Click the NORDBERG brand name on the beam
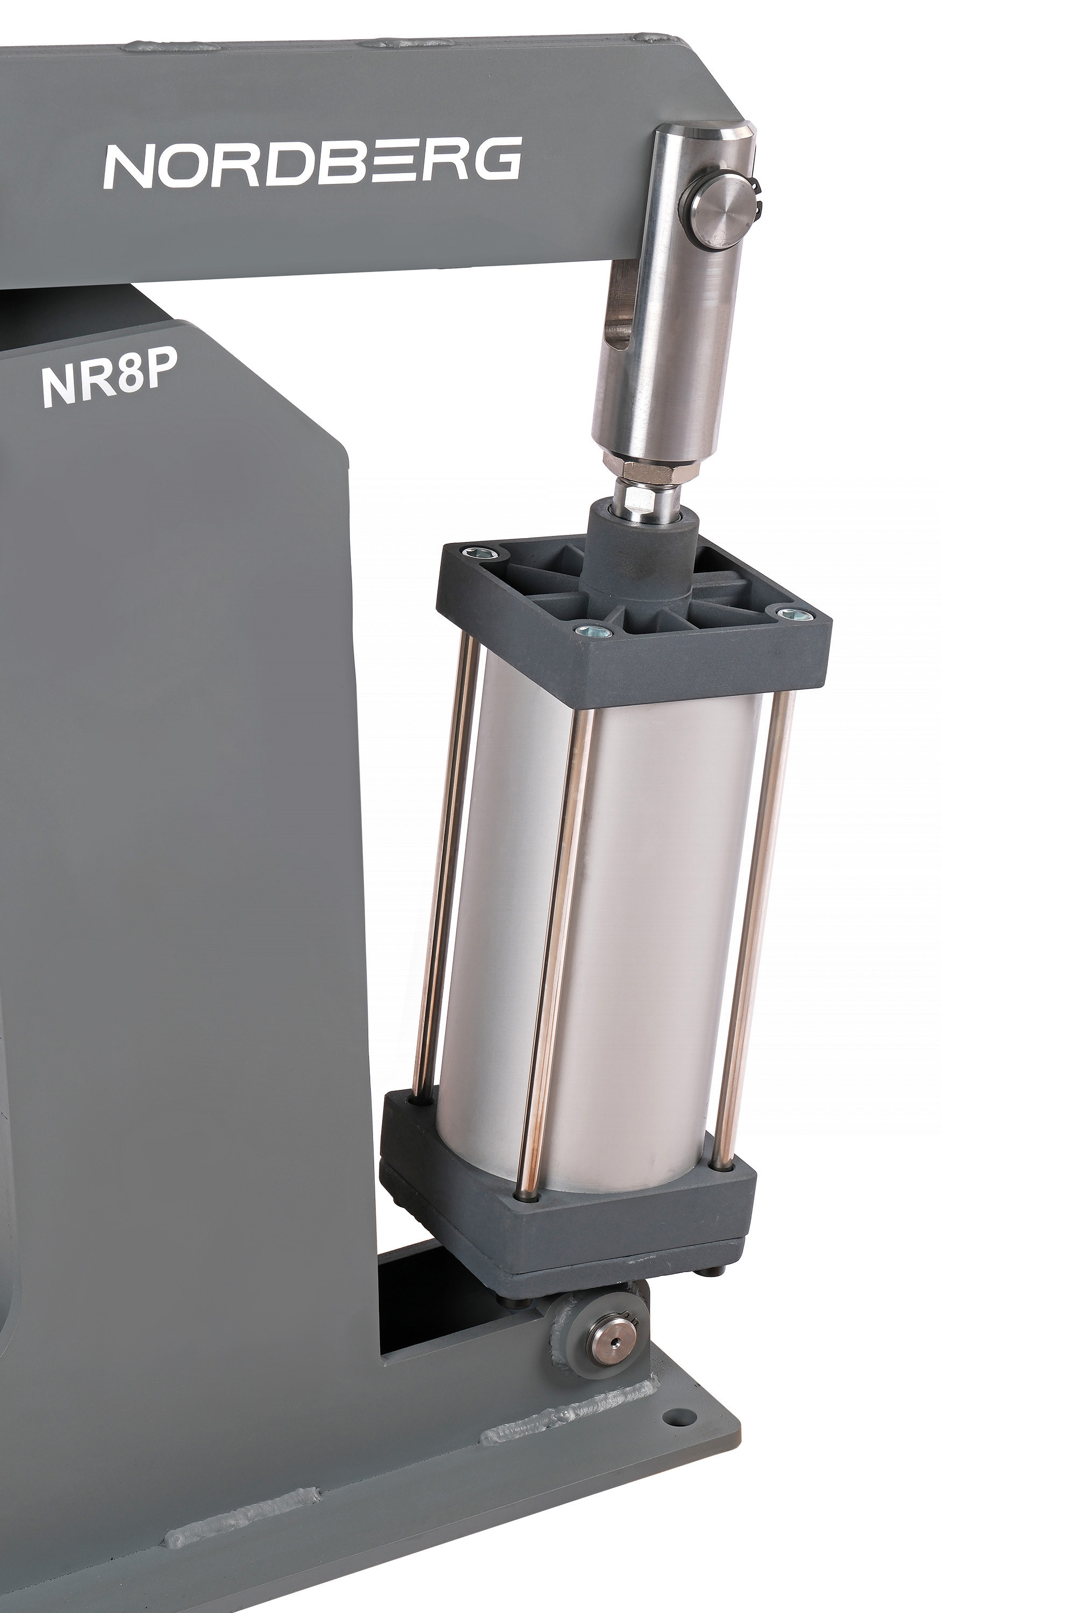tap(313, 162)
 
